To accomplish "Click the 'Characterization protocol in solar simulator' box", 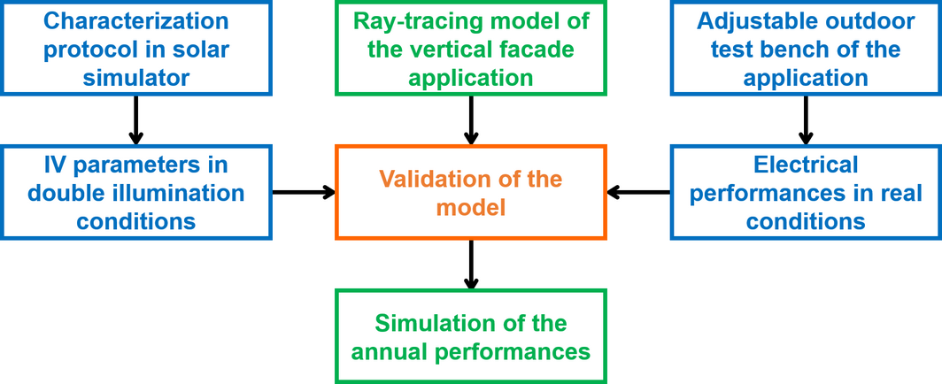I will coord(135,48).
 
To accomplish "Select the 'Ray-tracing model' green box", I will coord(470,48).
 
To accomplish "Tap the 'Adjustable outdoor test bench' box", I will coord(805,48).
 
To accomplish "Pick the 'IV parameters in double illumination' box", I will coord(135,192).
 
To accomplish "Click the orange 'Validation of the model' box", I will coord(470,192).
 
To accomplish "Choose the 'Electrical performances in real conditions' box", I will coord(805,192).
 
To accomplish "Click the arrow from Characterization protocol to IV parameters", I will coord(135,119).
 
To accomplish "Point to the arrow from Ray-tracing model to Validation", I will coord(471,119).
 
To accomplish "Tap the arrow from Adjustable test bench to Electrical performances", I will coord(806,119).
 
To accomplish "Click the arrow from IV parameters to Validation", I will coord(303,191).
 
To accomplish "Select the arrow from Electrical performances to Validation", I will coord(638,191).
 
